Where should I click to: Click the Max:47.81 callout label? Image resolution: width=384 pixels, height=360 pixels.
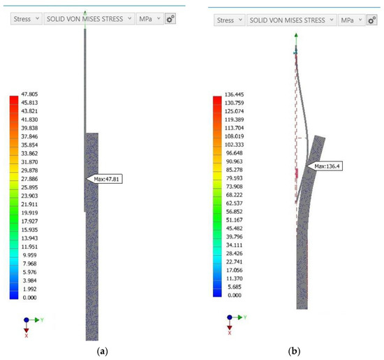(104, 179)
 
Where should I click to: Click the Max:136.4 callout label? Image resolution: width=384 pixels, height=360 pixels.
(325, 166)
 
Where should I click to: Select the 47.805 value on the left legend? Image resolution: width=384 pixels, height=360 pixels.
(29, 94)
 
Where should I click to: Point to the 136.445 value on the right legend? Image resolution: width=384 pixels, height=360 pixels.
(234, 94)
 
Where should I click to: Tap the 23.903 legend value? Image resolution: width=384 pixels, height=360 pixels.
(29, 196)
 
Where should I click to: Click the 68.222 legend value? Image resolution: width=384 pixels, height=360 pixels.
(234, 195)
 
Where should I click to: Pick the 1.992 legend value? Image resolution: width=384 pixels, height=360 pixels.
(29, 289)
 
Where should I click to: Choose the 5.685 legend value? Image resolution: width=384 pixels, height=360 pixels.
(235, 287)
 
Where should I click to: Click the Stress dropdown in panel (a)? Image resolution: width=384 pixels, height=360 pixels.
(27, 19)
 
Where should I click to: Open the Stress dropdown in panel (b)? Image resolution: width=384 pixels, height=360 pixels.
(230, 20)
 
